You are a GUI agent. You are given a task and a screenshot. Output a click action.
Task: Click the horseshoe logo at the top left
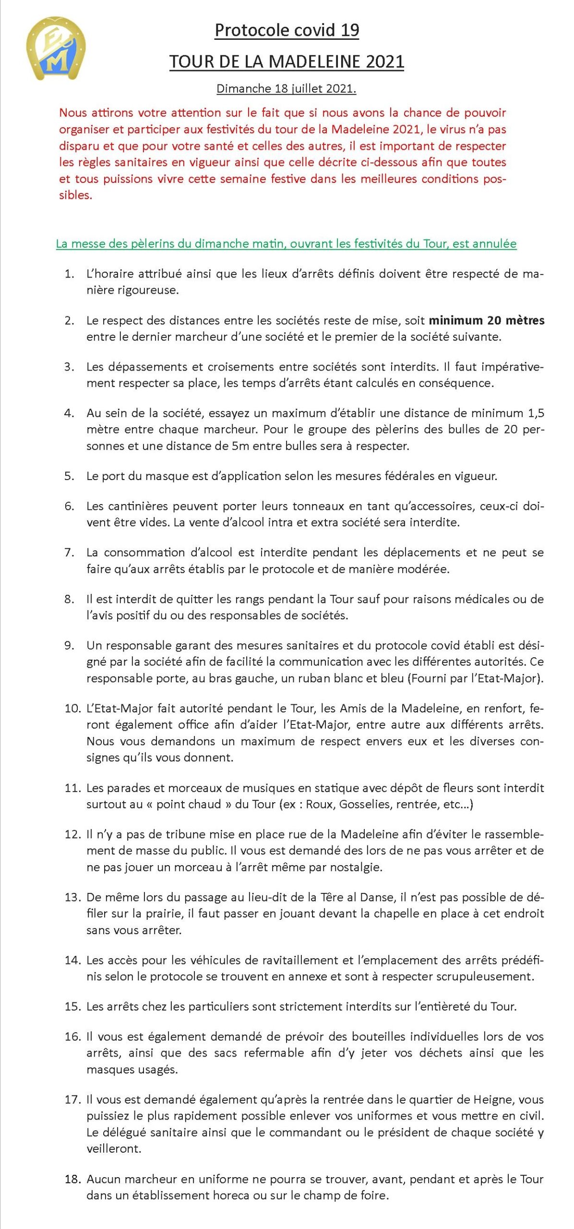click(x=56, y=48)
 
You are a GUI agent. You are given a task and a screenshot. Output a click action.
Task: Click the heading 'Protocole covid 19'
click(x=287, y=30)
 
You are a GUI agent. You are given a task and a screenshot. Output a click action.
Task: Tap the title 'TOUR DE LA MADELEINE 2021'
click(x=287, y=61)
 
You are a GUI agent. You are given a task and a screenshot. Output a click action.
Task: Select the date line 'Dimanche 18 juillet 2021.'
click(x=287, y=89)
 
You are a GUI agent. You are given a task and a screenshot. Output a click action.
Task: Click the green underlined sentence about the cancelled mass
click(x=286, y=243)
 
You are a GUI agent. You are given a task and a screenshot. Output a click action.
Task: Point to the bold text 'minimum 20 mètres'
click(x=487, y=320)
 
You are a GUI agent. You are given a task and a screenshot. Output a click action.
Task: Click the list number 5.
click(x=69, y=476)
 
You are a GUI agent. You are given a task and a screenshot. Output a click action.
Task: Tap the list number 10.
click(x=72, y=708)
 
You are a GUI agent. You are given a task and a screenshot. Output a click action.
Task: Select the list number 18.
click(x=72, y=1179)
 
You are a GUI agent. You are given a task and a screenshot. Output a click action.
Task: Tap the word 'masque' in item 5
click(x=164, y=476)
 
